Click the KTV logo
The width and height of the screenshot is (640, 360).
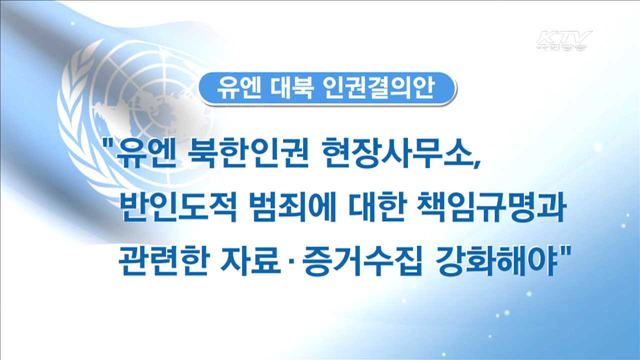564,40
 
